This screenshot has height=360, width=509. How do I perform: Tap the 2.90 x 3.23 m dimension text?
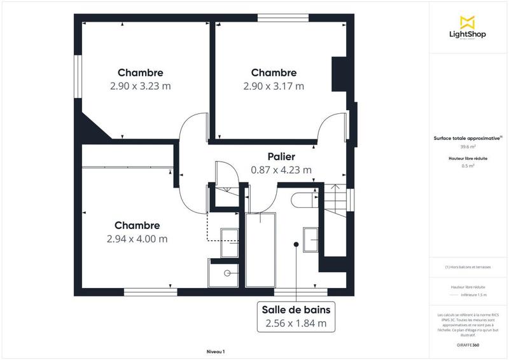(x=140, y=86)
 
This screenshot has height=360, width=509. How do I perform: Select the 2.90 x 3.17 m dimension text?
(x=274, y=86)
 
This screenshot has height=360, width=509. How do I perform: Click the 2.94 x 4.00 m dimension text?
(x=137, y=239)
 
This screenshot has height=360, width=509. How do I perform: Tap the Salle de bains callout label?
(x=296, y=310)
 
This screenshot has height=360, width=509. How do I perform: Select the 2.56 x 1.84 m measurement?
(x=296, y=323)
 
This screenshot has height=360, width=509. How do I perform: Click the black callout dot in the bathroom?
(x=296, y=244)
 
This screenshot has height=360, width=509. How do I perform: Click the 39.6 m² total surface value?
(x=467, y=146)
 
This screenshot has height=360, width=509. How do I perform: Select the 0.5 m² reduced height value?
(x=467, y=165)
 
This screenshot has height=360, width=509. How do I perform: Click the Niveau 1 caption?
(x=216, y=351)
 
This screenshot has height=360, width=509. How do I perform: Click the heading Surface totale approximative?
(x=467, y=137)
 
